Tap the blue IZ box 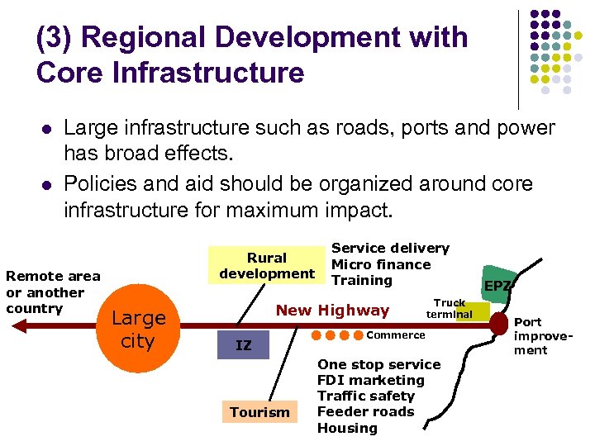click(x=243, y=345)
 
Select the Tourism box click(x=259, y=411)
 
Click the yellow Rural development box click(x=267, y=265)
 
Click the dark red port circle click(x=498, y=324)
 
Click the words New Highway click(x=332, y=311)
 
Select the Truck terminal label click(x=450, y=309)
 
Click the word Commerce click(x=395, y=334)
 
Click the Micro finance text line click(x=381, y=264)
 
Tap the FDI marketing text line click(x=370, y=380)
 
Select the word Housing click(x=347, y=428)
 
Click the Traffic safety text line click(x=366, y=396)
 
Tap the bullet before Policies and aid click(x=45, y=184)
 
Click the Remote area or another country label click(x=53, y=292)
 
